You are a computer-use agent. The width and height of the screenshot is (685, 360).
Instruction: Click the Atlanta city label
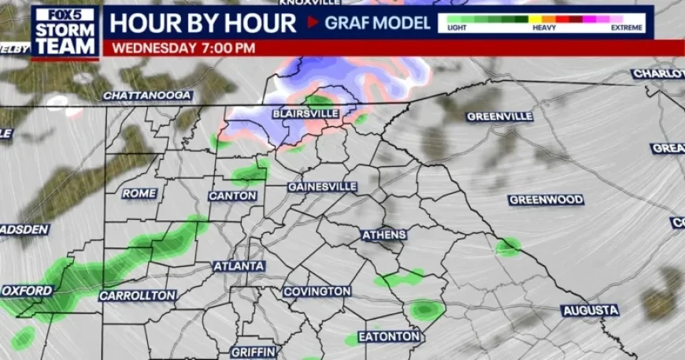pyautogui.click(x=239, y=266)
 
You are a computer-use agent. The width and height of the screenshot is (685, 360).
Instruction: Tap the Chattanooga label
pyautogui.click(x=147, y=95)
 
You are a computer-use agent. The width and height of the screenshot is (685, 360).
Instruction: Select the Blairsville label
pyautogui.click(x=305, y=114)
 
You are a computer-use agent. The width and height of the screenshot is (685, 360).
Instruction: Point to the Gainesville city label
pyautogui.click(x=322, y=187)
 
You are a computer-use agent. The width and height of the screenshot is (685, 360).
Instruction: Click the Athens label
pyautogui.click(x=384, y=235)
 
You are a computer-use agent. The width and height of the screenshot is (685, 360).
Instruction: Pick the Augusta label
pyautogui.click(x=591, y=311)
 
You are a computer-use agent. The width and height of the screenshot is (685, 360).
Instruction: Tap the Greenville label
pyautogui.click(x=499, y=117)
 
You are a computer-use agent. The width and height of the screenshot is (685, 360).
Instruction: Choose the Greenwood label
pyautogui.click(x=546, y=200)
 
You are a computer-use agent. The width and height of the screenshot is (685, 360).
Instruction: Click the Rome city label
pyautogui.click(x=139, y=193)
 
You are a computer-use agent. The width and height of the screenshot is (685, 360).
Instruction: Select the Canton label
pyautogui.click(x=232, y=195)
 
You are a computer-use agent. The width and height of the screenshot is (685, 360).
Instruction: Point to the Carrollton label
pyautogui.click(x=137, y=295)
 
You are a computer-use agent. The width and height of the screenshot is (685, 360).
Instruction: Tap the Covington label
pyautogui.click(x=317, y=291)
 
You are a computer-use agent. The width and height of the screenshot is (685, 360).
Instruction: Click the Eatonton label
pyautogui.click(x=389, y=336)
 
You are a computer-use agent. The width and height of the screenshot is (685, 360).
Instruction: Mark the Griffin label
pyautogui.click(x=252, y=351)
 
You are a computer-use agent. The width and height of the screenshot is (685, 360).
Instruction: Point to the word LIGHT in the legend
pyautogui.click(x=457, y=28)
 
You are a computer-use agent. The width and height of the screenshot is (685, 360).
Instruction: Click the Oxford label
pyautogui.click(x=27, y=291)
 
